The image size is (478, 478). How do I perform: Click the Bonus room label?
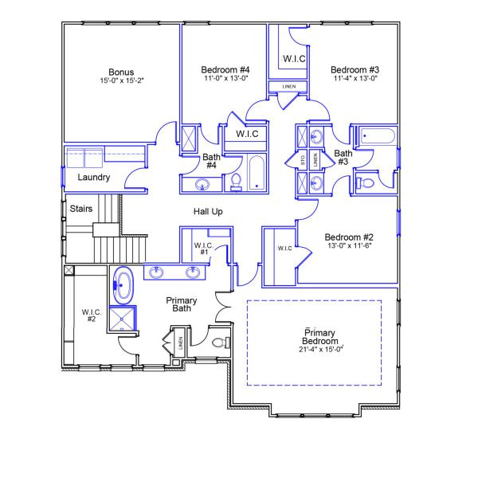pos(122,70)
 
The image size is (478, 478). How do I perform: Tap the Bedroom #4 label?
pos(220,70)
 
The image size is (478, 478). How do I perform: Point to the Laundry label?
pos(93,178)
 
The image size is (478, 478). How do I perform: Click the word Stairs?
pos(80,209)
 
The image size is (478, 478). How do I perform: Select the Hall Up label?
pos(207,212)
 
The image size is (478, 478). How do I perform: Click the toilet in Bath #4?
pos(235,182)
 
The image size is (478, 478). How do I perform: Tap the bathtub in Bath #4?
pos(257,174)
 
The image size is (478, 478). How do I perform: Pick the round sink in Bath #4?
pos(202,185)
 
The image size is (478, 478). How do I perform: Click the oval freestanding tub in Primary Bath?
pos(123,286)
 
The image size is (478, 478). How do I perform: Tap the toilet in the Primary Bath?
pos(221,343)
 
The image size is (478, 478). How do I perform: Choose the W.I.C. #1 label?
pos(202,248)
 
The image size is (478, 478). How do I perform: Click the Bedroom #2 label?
pos(349,237)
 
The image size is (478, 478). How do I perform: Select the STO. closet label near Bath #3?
pos(304,159)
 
